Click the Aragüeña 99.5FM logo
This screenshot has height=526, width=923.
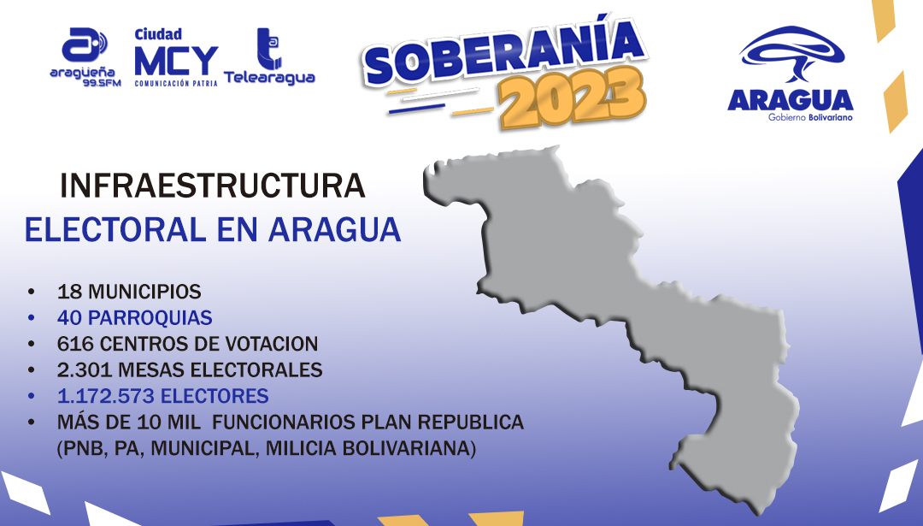click(x=85, y=57)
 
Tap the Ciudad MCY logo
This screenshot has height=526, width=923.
click(x=176, y=57)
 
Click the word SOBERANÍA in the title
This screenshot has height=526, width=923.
click(x=505, y=52)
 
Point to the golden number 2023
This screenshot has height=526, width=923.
click(x=572, y=97)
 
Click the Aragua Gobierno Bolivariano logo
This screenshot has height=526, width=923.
click(x=791, y=73)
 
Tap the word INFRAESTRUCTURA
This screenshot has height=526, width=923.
click(x=213, y=186)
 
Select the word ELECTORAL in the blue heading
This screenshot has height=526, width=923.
click(x=115, y=230)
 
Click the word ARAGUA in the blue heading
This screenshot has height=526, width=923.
click(x=335, y=230)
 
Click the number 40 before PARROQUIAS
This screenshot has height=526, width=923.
click(x=69, y=317)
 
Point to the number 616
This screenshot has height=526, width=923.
click(x=74, y=344)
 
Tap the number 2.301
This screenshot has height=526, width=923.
click(x=85, y=369)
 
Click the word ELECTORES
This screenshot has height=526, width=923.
click(x=215, y=396)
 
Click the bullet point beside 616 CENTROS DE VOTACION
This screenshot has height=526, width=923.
click(x=32, y=344)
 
